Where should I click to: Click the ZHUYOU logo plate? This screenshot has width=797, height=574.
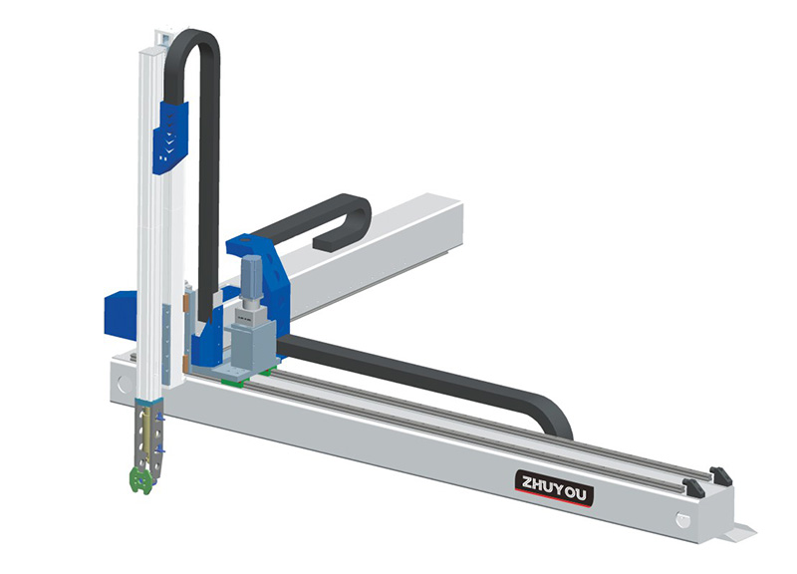click(x=555, y=488)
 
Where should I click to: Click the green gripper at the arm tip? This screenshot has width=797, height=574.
click(x=140, y=479)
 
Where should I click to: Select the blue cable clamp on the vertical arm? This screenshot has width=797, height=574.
click(x=170, y=138)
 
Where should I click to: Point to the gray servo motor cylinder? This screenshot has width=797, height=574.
click(x=251, y=276)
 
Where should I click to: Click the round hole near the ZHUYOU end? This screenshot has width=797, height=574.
click(x=683, y=519)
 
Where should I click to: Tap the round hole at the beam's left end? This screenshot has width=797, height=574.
click(x=124, y=383)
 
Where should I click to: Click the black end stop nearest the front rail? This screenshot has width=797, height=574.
click(x=693, y=487)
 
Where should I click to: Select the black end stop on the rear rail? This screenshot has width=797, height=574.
click(x=720, y=476)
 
